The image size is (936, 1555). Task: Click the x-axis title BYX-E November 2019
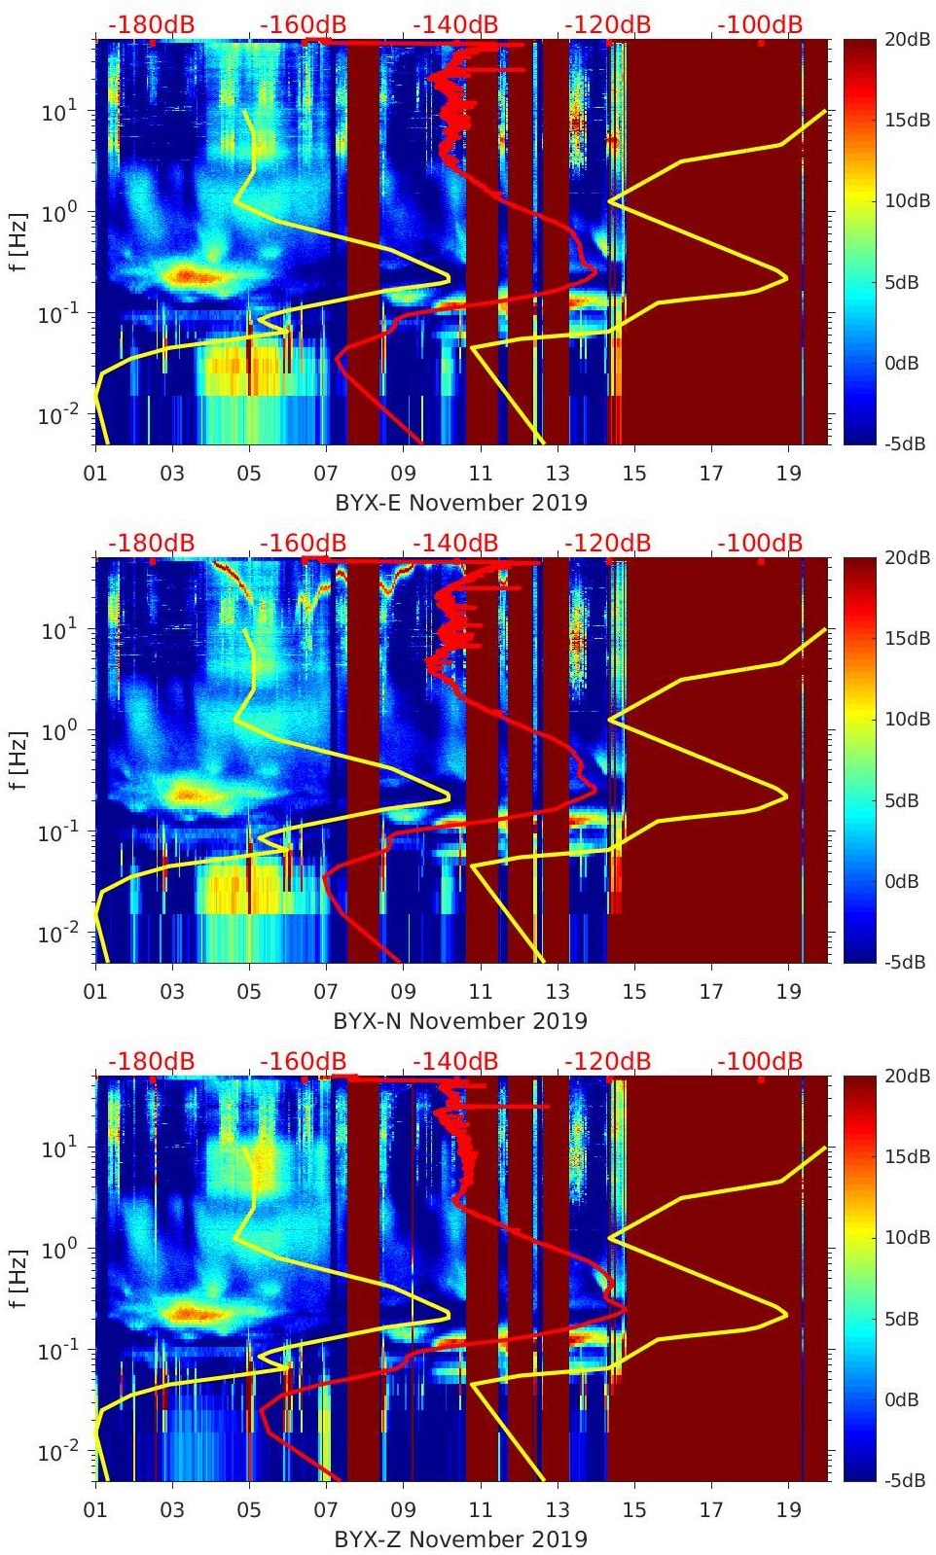tap(461, 503)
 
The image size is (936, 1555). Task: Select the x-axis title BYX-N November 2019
tap(460, 1021)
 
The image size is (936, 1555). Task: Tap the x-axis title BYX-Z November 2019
tap(461, 1539)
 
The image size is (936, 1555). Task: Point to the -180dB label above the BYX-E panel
tap(151, 24)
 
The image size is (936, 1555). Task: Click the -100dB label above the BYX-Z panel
tap(760, 1061)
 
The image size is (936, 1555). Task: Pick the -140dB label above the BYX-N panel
tap(455, 543)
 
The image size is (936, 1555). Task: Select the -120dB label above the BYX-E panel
tap(608, 24)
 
